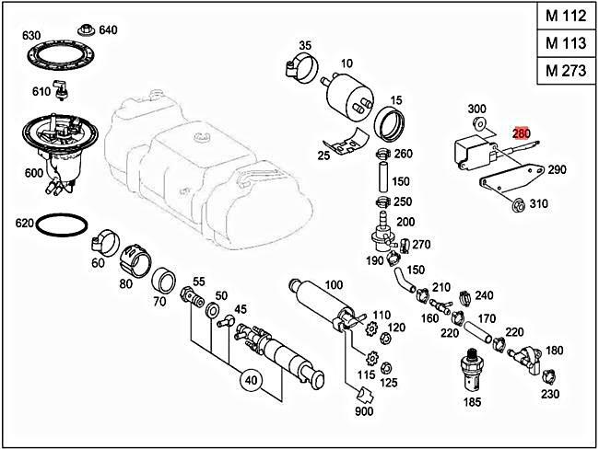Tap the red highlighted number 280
[523, 133]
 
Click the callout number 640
[109, 29]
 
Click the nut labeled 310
[518, 203]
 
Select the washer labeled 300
[477, 123]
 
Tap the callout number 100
[334, 285]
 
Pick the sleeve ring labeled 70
[164, 280]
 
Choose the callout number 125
[389, 382]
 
